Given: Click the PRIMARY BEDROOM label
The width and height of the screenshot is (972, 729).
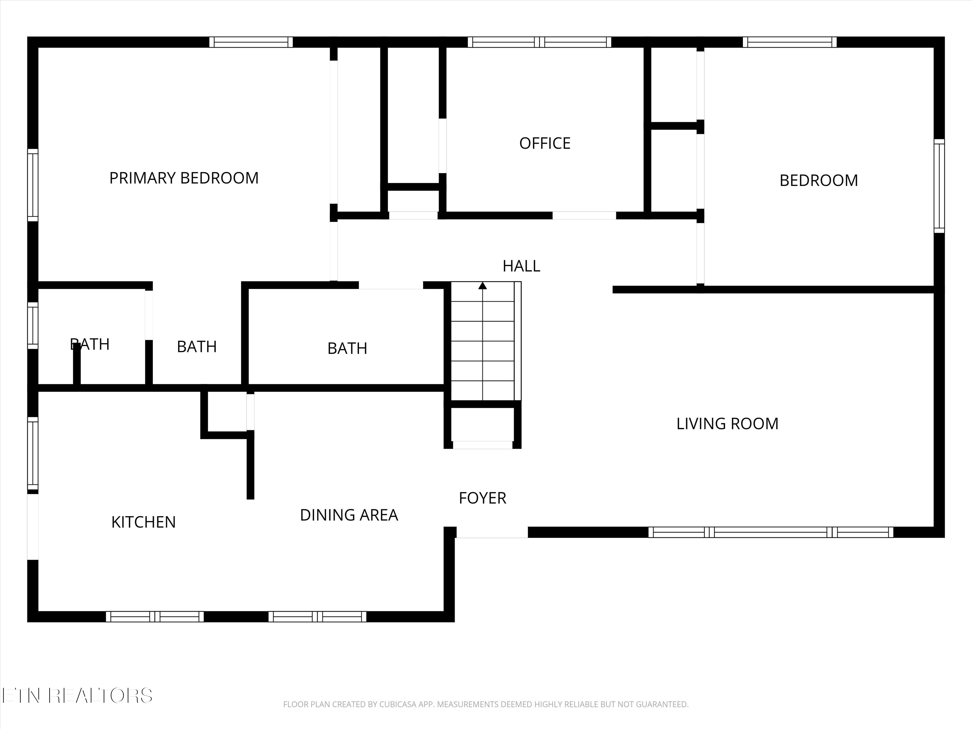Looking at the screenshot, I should coord(184,178).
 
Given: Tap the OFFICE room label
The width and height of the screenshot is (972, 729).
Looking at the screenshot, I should coord(545,143).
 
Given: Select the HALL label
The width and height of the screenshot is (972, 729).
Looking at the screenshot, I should coord(521,266).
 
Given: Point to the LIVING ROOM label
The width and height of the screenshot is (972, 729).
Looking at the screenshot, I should coord(727,423).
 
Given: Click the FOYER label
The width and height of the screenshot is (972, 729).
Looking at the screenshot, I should coord(482,498).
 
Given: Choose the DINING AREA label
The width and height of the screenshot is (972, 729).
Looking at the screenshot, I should coord(349,515).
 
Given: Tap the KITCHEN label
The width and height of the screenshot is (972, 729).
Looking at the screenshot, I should coord(143,522).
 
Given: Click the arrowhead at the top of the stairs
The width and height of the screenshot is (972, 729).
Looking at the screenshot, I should coord(482,286).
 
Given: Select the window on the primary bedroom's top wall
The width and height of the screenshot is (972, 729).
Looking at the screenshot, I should coord(251,42).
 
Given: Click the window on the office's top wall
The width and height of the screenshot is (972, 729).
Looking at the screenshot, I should coord(539,42).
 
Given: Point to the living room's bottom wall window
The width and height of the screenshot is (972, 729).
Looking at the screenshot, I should coord(771,532).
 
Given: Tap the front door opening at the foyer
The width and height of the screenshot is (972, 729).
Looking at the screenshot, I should coord(492,532).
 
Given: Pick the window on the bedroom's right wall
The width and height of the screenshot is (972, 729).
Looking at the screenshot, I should coord(939,186).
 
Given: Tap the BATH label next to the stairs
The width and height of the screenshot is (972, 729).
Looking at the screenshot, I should coord(347,348).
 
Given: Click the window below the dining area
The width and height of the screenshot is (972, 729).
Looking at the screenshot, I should coord(317,617).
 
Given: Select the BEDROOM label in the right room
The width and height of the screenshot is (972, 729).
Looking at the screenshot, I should coord(819,180).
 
